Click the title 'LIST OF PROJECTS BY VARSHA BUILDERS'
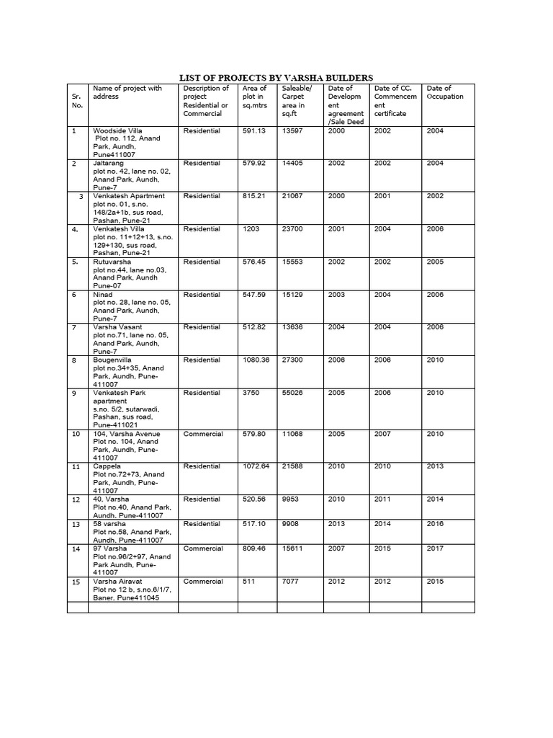[276, 78]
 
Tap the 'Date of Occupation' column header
[445, 92]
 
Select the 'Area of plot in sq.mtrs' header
[254, 101]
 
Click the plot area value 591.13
[254, 130]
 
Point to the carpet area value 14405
[295, 164]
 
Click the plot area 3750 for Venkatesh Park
[251, 393]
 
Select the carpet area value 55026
[295, 393]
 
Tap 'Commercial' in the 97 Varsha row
[203, 548]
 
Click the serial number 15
[76, 582]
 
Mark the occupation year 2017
[435, 548]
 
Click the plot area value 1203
[251, 229]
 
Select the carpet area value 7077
[292, 582]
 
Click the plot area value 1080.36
[256, 360]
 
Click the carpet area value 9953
[292, 499]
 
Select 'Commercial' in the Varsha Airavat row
[203, 582]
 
